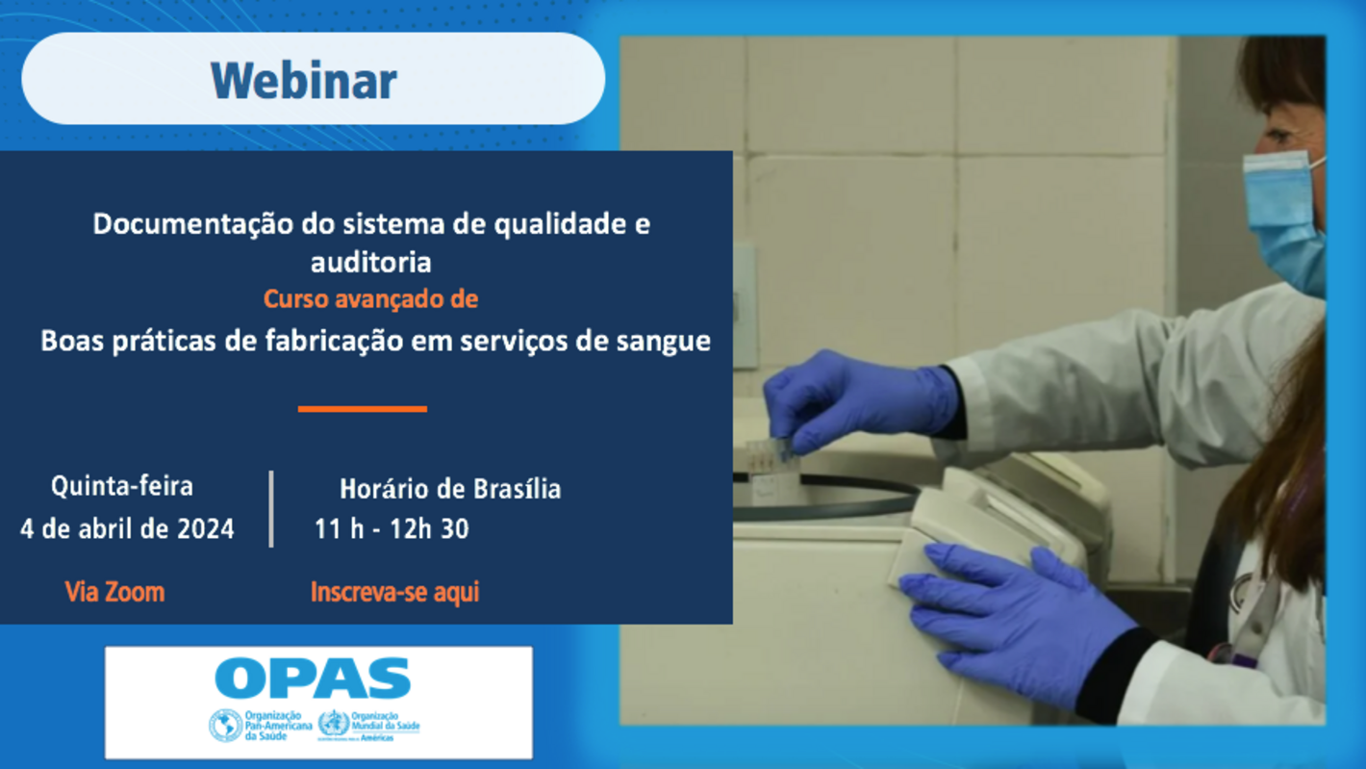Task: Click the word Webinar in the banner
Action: (303, 81)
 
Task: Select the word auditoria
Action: (370, 262)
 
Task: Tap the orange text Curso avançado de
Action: (370, 299)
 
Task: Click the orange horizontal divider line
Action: (362, 409)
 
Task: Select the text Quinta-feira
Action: (122, 487)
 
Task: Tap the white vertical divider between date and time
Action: (271, 509)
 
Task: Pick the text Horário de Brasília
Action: (449, 489)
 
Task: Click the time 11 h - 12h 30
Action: (392, 529)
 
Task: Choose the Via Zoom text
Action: (114, 592)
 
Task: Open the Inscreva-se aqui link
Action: (394, 592)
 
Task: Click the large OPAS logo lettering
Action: (314, 679)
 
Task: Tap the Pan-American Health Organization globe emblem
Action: (226, 725)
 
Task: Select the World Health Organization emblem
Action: (333, 724)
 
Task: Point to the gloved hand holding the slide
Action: (856, 399)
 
